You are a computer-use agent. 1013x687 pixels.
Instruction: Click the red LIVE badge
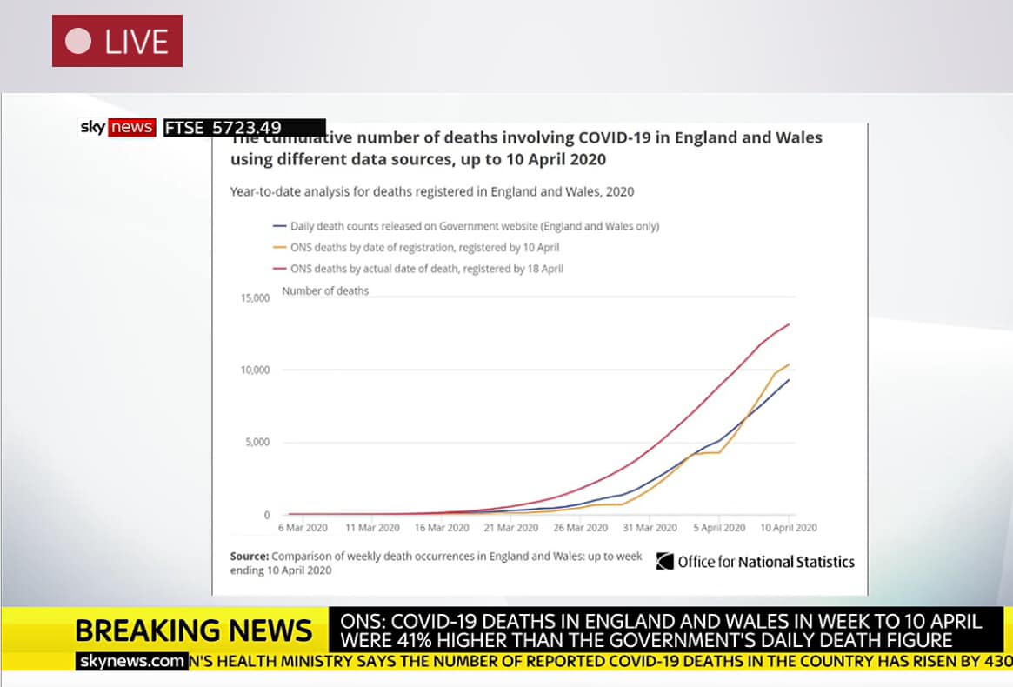tap(117, 41)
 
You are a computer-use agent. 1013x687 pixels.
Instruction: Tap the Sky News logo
tap(117, 128)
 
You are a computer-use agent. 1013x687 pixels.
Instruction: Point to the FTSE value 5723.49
tap(247, 128)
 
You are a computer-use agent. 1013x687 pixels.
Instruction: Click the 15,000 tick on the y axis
tap(255, 297)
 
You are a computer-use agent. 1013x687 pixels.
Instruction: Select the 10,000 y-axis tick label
tap(255, 370)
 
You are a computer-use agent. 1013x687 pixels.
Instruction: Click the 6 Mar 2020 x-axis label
tap(303, 528)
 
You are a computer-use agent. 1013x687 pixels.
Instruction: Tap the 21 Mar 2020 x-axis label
tap(511, 528)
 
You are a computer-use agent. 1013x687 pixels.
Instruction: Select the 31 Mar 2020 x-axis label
tap(650, 528)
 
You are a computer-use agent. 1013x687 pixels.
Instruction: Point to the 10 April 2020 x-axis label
tap(788, 528)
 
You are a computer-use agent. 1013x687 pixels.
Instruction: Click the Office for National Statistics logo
tap(755, 562)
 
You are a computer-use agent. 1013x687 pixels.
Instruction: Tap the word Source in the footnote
tap(249, 557)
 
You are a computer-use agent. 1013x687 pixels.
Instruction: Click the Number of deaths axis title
tap(325, 290)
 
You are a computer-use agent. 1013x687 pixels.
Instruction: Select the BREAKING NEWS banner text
tap(193, 630)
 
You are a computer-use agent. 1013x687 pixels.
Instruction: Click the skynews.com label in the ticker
tap(132, 662)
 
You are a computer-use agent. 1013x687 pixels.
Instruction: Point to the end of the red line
tap(789, 324)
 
